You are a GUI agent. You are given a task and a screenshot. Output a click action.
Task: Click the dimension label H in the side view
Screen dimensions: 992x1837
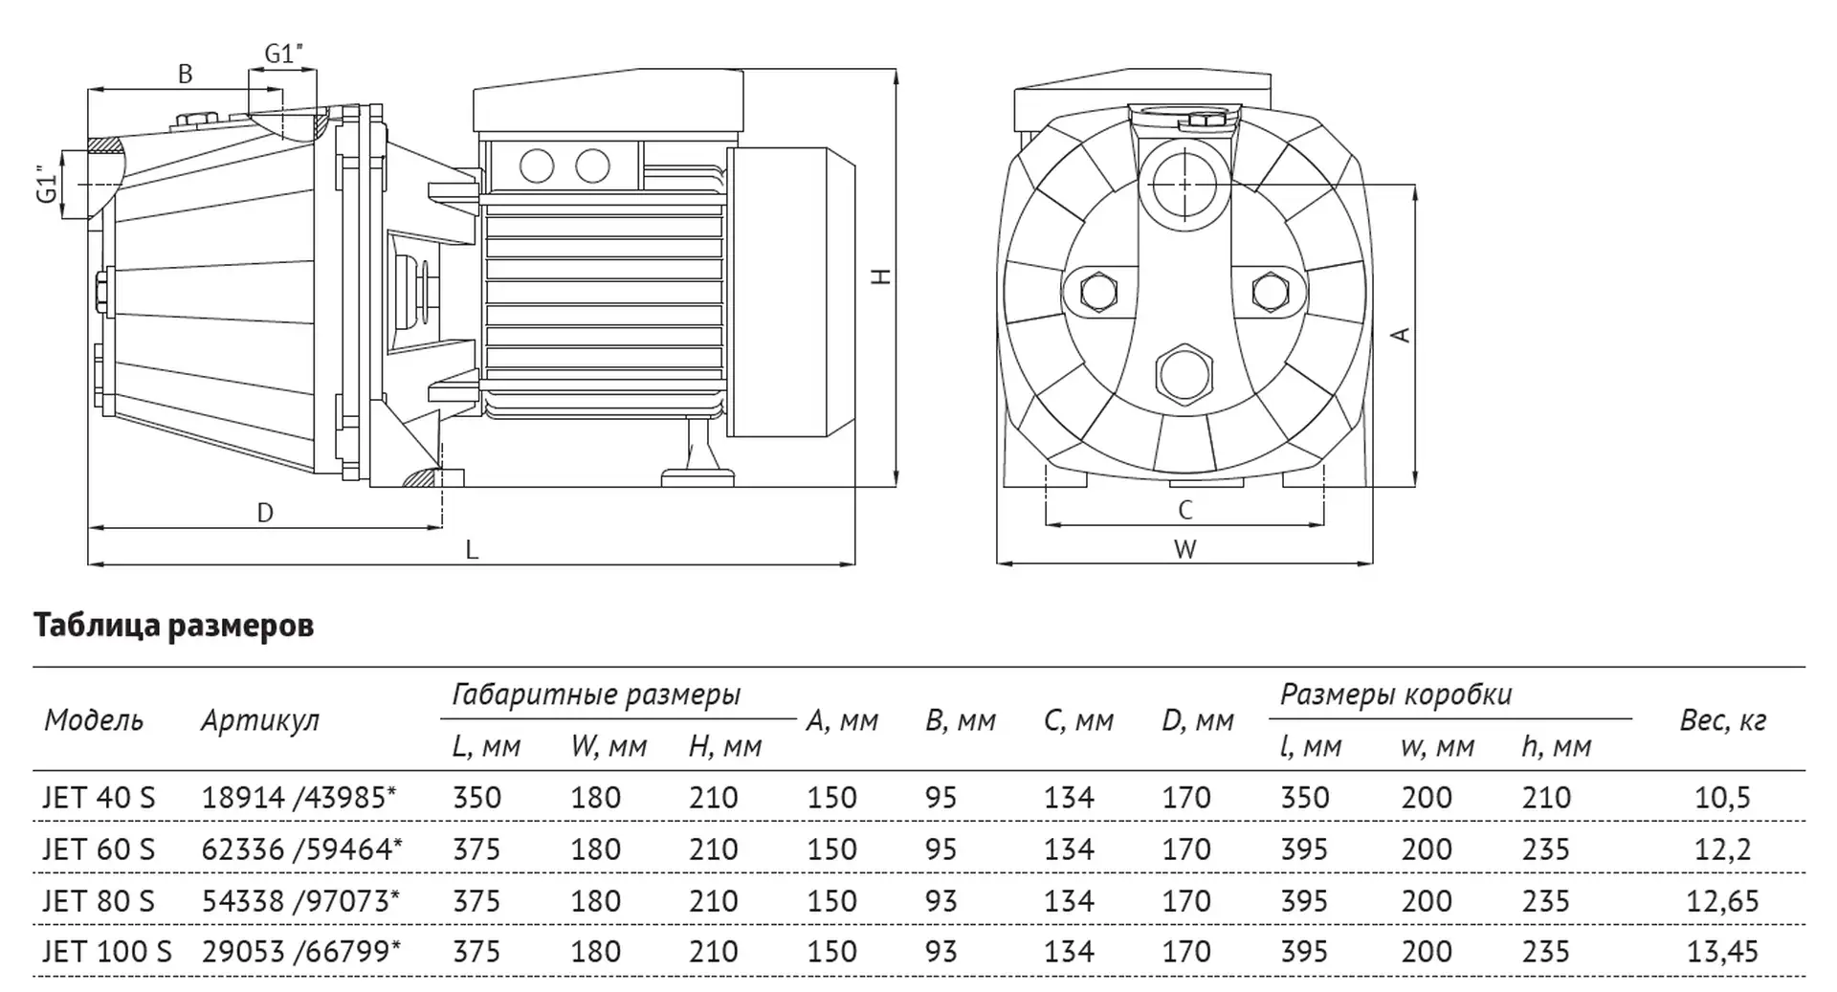click(x=882, y=276)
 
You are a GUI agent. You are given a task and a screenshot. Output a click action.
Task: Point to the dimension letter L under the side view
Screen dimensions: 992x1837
click(x=472, y=549)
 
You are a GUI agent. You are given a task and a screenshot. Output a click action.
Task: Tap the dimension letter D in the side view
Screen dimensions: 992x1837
click(x=265, y=514)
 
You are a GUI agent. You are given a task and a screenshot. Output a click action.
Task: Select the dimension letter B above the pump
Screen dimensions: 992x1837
click(x=186, y=74)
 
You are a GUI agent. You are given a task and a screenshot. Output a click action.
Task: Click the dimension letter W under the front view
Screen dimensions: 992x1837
click(x=1185, y=550)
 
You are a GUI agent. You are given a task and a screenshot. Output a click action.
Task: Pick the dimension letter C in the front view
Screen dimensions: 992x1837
click(x=1185, y=511)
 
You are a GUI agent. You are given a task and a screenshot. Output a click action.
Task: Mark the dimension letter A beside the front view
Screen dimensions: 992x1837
click(x=1401, y=334)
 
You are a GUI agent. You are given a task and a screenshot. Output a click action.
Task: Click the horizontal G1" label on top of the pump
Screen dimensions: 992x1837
click(x=283, y=54)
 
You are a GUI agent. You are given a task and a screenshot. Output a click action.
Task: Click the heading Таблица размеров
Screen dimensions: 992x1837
click(x=174, y=626)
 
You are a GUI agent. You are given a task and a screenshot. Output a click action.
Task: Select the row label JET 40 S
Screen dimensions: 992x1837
click(x=99, y=797)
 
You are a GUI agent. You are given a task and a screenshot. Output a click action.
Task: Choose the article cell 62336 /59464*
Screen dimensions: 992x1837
click(x=301, y=849)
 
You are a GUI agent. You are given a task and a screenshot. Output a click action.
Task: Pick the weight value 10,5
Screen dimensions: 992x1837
click(x=1722, y=797)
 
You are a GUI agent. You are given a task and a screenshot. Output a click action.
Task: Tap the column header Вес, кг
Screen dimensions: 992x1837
click(x=1722, y=720)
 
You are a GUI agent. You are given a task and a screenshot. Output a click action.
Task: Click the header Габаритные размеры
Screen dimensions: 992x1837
click(x=596, y=694)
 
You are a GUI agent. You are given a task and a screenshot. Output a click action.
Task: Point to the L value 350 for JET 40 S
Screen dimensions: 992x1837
click(x=476, y=797)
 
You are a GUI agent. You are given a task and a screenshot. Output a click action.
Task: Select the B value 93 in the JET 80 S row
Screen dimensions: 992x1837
click(x=941, y=900)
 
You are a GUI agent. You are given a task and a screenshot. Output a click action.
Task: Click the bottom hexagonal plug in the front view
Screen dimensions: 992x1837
click(x=1184, y=372)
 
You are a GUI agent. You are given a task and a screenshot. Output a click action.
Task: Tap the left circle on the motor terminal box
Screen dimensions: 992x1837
click(x=537, y=166)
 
